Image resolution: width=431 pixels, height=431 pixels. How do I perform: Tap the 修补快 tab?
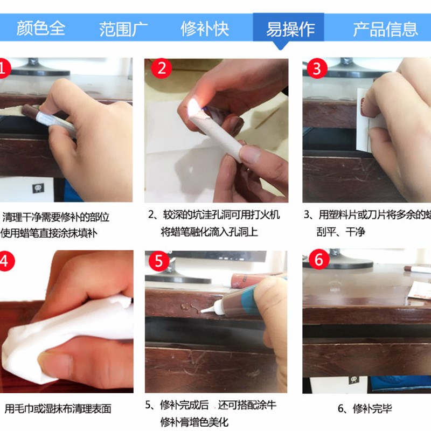(x=205, y=27)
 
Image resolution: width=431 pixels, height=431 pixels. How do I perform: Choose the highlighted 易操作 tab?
(x=290, y=27)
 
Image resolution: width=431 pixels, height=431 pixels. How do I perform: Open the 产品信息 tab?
(x=385, y=27)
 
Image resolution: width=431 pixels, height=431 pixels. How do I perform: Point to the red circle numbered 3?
(x=317, y=69)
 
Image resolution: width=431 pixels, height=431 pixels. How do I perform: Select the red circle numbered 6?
(x=318, y=260)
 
